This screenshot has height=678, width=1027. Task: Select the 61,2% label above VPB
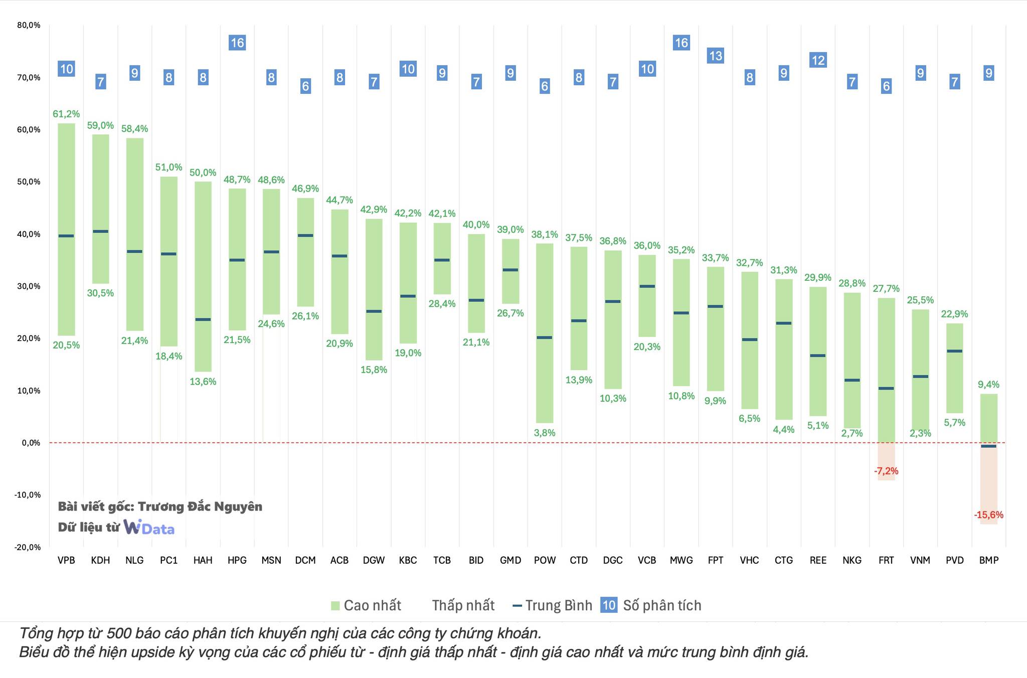click(x=66, y=114)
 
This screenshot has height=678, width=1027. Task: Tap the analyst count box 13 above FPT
click(x=716, y=56)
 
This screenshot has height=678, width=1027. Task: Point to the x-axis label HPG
click(x=237, y=561)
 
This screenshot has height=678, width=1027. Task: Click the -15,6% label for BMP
click(x=989, y=515)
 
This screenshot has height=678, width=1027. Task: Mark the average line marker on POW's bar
click(x=545, y=337)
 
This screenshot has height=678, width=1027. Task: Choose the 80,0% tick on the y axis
click(x=29, y=25)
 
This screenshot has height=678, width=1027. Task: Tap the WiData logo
click(x=149, y=527)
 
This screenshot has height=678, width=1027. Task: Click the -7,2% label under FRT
click(x=886, y=471)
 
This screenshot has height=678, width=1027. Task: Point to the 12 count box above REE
click(x=818, y=61)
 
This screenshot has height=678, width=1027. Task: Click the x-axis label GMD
click(x=510, y=561)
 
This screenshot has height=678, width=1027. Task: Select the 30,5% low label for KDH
click(x=100, y=293)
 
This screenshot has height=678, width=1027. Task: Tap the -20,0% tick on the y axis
click(x=28, y=547)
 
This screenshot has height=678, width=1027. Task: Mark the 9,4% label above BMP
click(x=989, y=385)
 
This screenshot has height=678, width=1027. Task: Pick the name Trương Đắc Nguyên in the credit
click(x=200, y=506)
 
